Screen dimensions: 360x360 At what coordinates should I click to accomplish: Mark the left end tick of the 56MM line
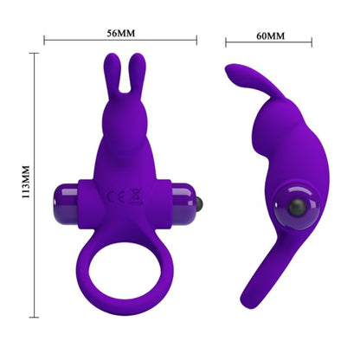[x=44, y=38]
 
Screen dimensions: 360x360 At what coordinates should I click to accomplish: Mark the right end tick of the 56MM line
[x=196, y=38]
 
